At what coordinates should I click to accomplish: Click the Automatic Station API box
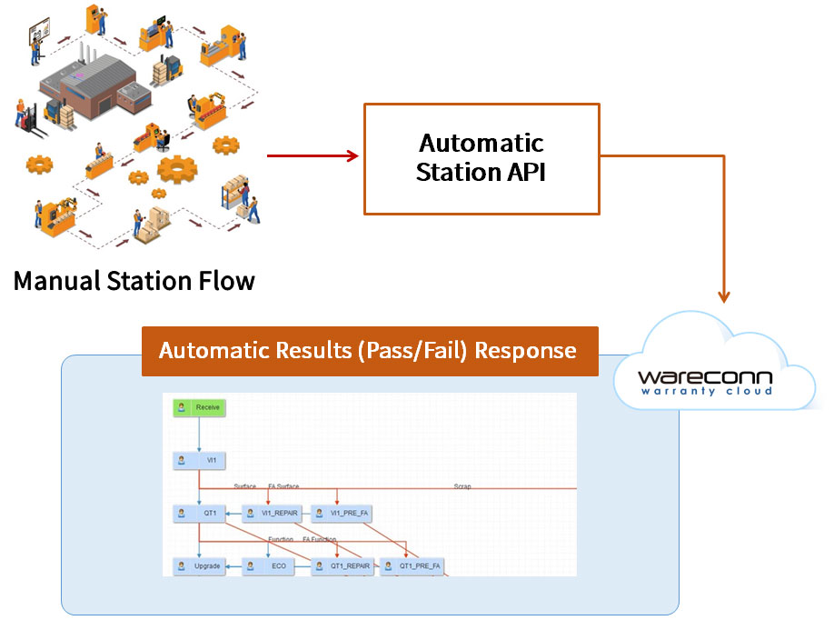click(x=482, y=159)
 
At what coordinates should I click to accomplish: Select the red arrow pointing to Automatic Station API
click(x=313, y=156)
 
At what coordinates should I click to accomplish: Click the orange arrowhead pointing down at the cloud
click(x=723, y=295)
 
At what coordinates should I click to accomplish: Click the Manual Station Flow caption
click(x=134, y=280)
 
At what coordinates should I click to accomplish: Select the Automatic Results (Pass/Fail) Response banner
click(x=369, y=351)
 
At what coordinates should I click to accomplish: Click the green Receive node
click(x=199, y=407)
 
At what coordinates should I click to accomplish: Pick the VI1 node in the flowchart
click(x=199, y=460)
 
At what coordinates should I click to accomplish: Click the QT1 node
click(x=199, y=513)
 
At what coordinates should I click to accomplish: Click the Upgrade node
click(x=199, y=565)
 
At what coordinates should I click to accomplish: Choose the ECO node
click(x=269, y=565)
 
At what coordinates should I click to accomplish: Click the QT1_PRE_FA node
click(x=412, y=565)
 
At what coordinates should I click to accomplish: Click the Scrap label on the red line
click(x=462, y=486)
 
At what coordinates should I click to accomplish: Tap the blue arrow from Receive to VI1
click(x=199, y=435)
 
